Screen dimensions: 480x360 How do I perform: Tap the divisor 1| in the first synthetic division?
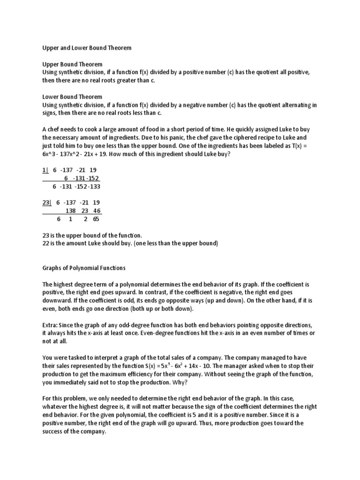coord(45,170)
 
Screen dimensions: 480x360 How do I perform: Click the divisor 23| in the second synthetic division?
coord(47,202)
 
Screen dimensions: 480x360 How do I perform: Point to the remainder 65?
coord(96,219)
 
